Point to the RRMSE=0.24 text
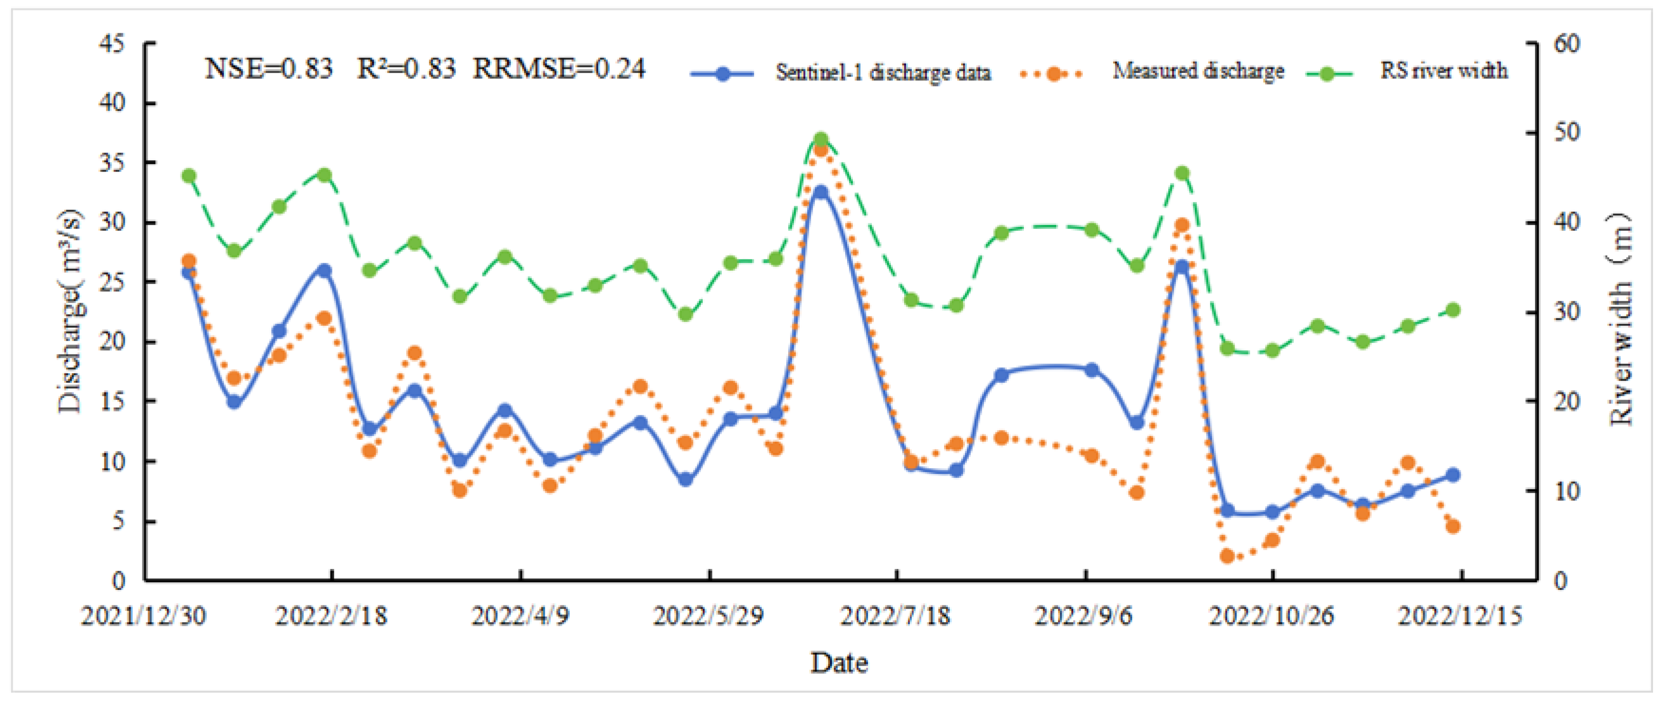[x=558, y=68]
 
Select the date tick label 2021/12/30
[x=143, y=616]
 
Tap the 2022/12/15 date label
[x=1460, y=616]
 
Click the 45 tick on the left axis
[x=111, y=44]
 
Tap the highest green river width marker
[x=821, y=140]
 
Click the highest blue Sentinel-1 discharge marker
[x=821, y=192]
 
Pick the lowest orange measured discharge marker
[x=1227, y=556]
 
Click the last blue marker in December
[x=1453, y=475]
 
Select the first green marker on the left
[x=189, y=176]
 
